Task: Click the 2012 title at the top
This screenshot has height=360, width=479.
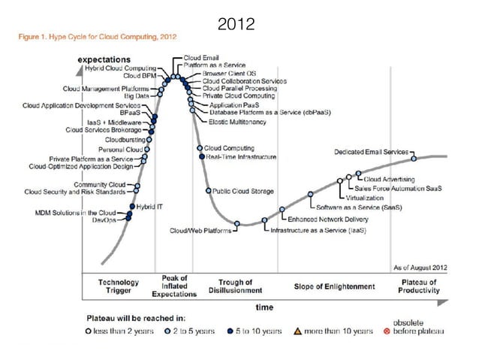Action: tap(239, 26)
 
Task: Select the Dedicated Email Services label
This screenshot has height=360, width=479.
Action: tap(372, 152)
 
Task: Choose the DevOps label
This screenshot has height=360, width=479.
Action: tap(107, 220)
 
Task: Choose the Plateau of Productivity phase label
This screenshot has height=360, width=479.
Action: tap(419, 286)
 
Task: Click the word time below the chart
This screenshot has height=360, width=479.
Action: tap(265, 307)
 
